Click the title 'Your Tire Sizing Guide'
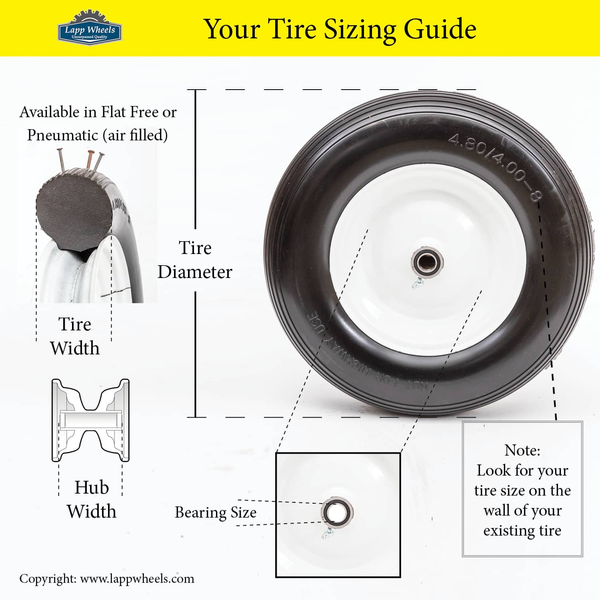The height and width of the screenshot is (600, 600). pyautogui.click(x=340, y=29)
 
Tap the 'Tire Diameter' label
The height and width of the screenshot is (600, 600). pyautogui.click(x=195, y=260)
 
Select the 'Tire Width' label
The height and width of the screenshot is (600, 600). pyautogui.click(x=75, y=336)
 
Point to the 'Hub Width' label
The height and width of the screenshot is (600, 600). pyautogui.click(x=92, y=499)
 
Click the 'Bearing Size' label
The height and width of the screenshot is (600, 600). pyautogui.click(x=216, y=512)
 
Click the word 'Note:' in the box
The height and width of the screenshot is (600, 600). pyautogui.click(x=522, y=450)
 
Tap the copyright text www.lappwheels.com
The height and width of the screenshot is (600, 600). pyautogui.click(x=137, y=579)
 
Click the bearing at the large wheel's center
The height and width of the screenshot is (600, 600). pyautogui.click(x=427, y=263)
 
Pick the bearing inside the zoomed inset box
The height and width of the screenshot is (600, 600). pyautogui.click(x=337, y=511)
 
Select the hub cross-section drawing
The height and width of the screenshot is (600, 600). pyautogui.click(x=90, y=420)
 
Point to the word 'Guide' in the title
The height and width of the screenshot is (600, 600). pyautogui.click(x=440, y=29)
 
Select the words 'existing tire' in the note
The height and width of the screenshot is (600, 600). pyautogui.click(x=522, y=530)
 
